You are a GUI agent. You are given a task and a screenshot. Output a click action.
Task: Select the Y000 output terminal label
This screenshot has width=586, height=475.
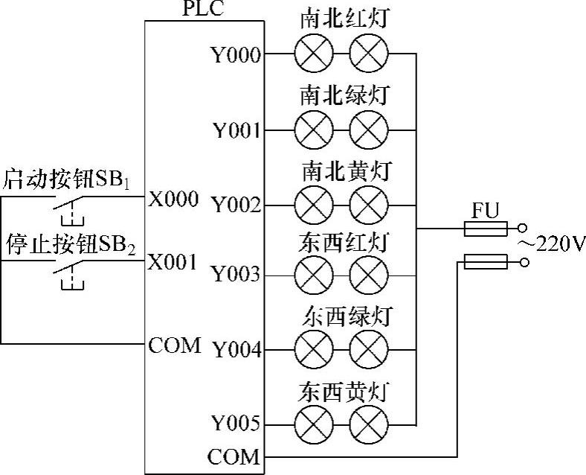click(x=236, y=55)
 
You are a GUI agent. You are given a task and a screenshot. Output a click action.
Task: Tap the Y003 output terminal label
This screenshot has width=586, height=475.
click(x=236, y=275)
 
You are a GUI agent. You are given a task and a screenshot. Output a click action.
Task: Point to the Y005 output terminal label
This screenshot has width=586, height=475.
click(x=236, y=424)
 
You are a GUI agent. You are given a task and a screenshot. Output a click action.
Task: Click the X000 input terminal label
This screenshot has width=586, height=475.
click(x=173, y=199)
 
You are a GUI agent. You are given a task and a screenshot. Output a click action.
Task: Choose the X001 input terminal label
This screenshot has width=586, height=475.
click(x=173, y=262)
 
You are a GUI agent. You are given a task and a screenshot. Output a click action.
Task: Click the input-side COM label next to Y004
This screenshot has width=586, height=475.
click(x=175, y=345)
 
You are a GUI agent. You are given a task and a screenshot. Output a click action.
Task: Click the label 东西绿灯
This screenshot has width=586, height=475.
click(x=345, y=316)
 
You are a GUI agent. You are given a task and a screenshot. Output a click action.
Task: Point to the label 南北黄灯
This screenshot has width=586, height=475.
click(x=345, y=170)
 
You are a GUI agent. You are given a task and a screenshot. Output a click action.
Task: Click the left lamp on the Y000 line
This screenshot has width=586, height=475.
click(x=310, y=54)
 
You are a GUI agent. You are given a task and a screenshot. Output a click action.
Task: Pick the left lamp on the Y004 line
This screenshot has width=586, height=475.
click(x=310, y=349)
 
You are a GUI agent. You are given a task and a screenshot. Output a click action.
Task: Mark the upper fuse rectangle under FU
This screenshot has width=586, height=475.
click(x=486, y=229)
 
